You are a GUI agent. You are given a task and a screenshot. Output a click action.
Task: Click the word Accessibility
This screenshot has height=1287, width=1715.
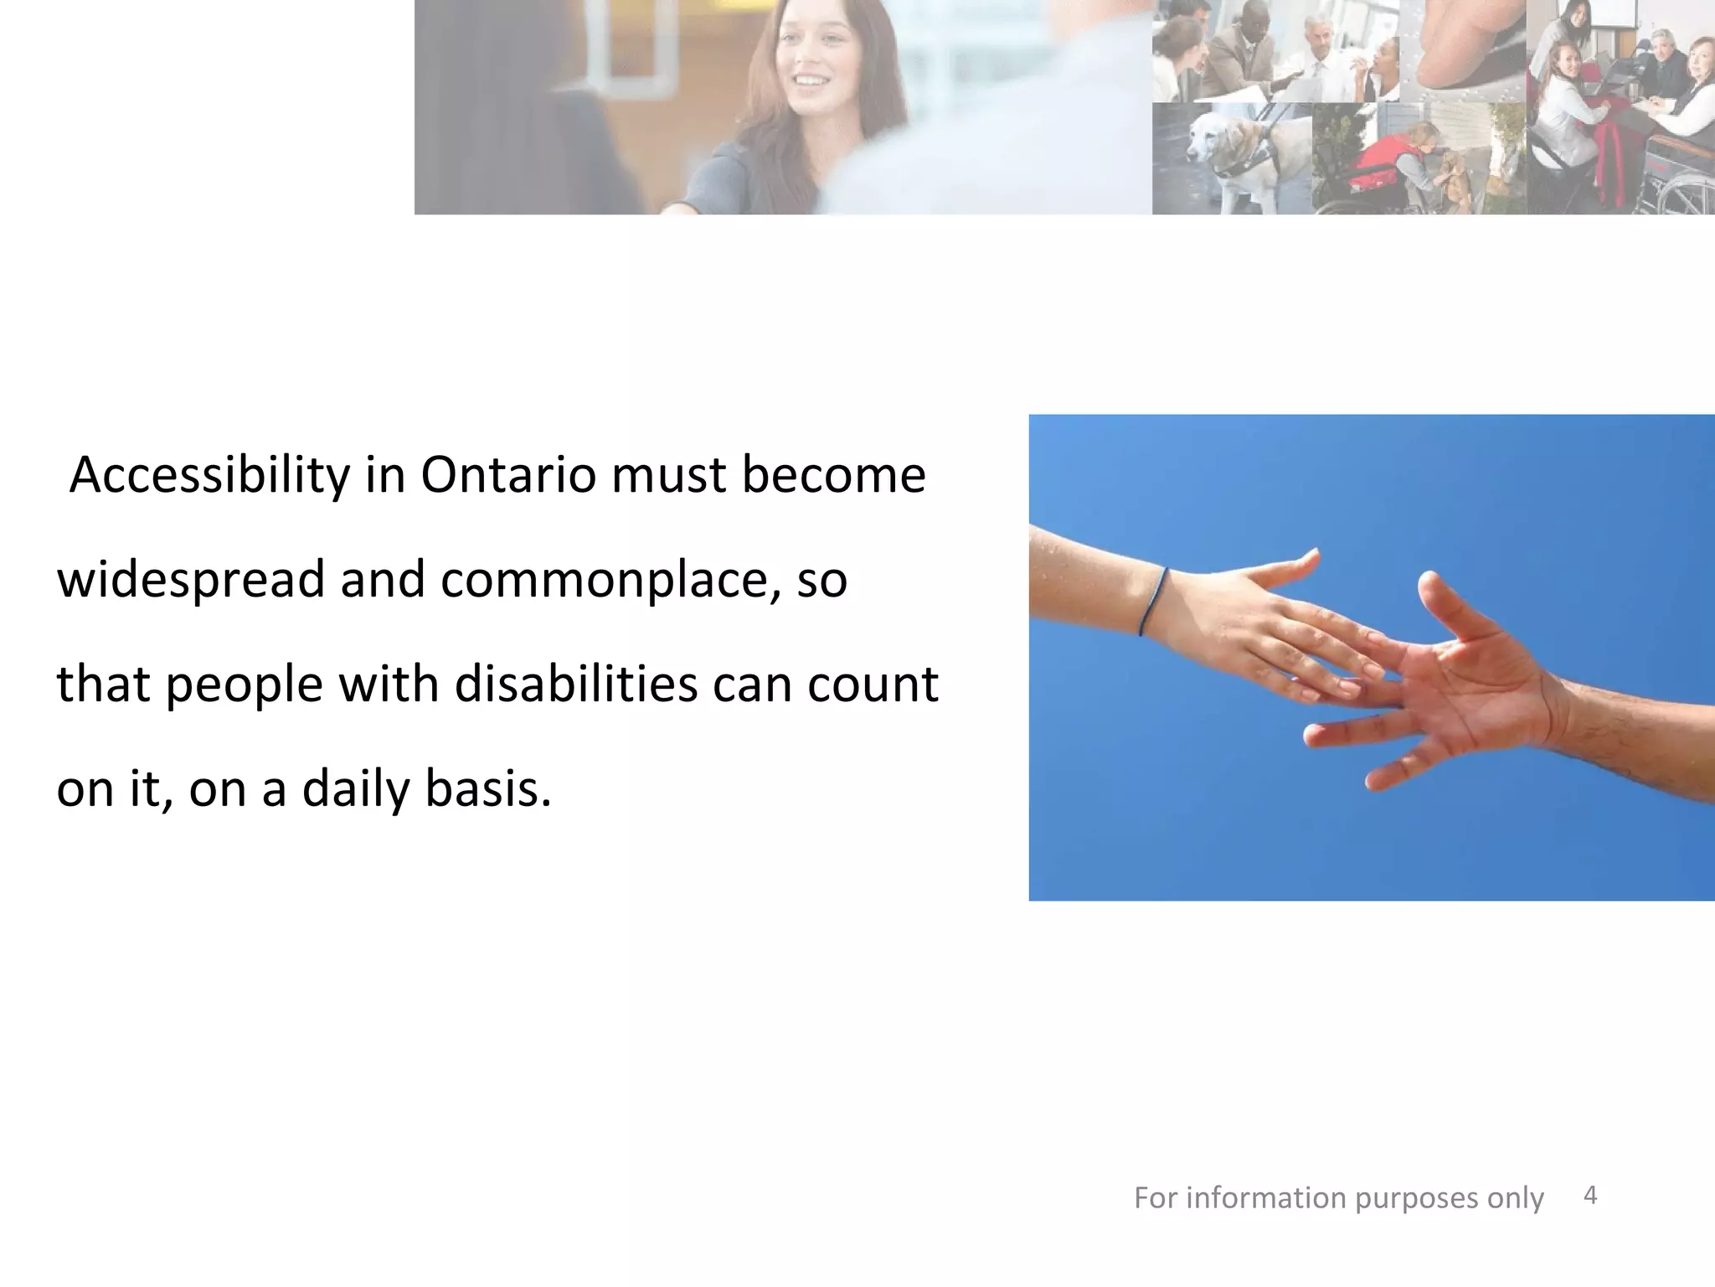pyautogui.click(x=209, y=476)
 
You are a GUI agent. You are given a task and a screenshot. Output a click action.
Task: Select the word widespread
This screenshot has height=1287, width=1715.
pyautogui.click(x=190, y=580)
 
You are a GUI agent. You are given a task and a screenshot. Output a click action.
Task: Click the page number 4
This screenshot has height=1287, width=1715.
pyautogui.click(x=1590, y=1196)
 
